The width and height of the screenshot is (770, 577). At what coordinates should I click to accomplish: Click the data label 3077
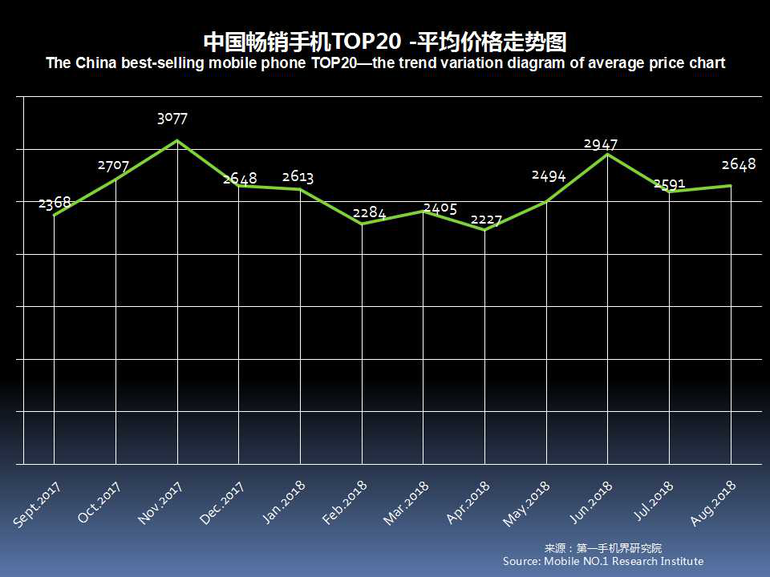[x=172, y=119]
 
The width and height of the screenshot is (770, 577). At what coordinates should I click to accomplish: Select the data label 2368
[x=54, y=202]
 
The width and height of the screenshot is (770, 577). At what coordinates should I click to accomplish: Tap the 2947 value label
[x=601, y=144]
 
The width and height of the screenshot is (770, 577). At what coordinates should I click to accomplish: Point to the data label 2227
[x=486, y=220]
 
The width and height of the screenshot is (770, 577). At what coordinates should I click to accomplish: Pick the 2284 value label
[x=369, y=213]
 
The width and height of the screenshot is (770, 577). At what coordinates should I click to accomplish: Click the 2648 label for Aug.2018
[x=739, y=164]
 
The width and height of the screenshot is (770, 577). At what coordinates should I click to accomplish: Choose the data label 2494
[x=549, y=176]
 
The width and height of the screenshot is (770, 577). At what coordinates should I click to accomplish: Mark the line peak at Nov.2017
[x=177, y=141]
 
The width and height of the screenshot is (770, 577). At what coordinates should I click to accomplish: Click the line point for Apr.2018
[x=484, y=230]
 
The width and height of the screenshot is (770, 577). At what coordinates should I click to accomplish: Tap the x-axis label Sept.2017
[x=38, y=504]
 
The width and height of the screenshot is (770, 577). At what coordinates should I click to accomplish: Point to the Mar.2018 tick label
[x=407, y=503]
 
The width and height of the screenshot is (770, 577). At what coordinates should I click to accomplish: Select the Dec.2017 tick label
[x=222, y=503]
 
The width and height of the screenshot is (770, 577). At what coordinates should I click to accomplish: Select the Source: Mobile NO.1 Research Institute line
[x=603, y=561]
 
